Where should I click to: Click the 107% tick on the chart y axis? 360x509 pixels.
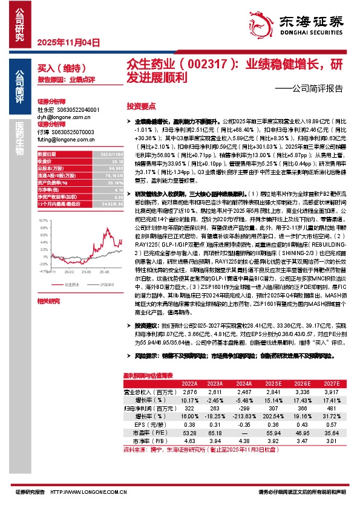click(42, 204)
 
